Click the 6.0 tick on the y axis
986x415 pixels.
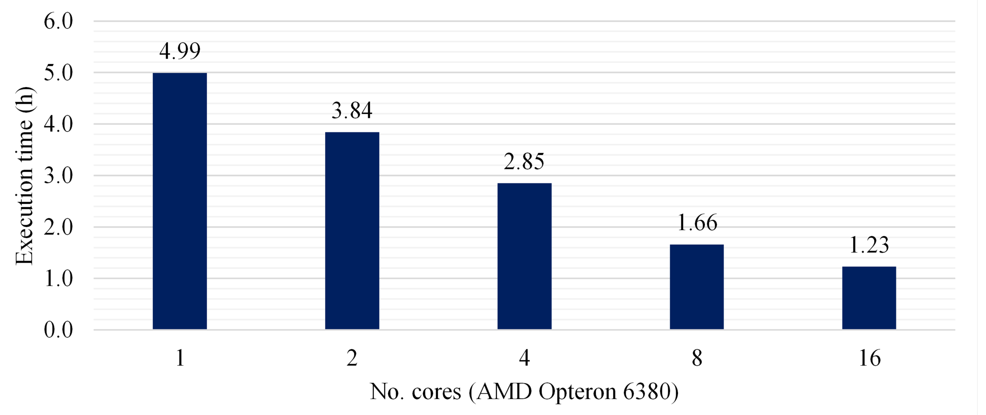pos(59,21)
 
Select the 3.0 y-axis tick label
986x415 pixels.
pos(59,175)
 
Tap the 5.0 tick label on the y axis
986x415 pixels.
pos(59,73)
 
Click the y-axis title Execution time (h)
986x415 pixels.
pos(25,176)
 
